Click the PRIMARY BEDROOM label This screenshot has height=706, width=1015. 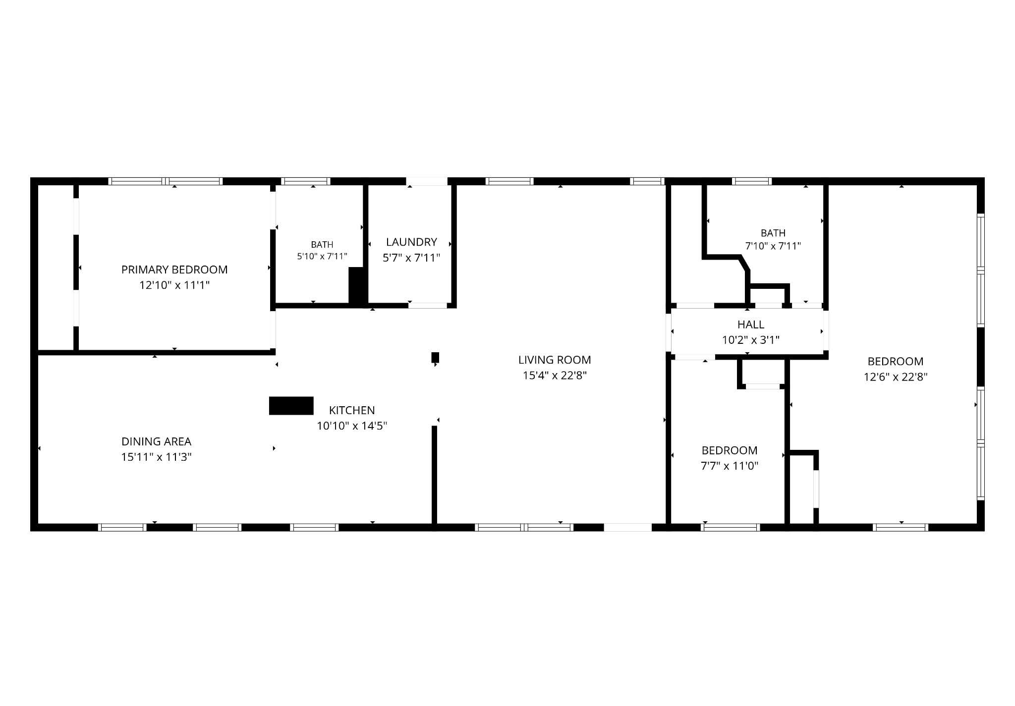[174, 270]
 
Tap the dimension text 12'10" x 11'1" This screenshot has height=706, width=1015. [174, 285]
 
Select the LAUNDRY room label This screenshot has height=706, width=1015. [411, 242]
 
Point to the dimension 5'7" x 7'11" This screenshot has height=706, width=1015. [411, 258]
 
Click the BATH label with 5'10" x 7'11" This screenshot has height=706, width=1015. [322, 245]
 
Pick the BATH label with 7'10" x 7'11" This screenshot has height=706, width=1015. [773, 233]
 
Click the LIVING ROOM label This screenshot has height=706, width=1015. [555, 360]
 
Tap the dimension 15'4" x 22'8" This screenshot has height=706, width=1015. [555, 376]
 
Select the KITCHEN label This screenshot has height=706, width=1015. [352, 410]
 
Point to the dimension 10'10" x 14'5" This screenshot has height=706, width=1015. [352, 426]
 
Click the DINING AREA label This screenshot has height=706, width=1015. [157, 441]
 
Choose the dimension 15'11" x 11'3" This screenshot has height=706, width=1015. [157, 457]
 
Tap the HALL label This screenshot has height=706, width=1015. [751, 325]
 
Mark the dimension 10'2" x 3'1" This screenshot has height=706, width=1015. [751, 340]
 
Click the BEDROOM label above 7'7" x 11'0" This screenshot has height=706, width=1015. [730, 450]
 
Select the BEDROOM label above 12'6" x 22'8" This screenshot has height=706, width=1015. [896, 361]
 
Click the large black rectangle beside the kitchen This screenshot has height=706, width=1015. [291, 406]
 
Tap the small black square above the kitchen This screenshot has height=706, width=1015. [435, 357]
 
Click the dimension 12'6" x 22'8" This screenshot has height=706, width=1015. [896, 377]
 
